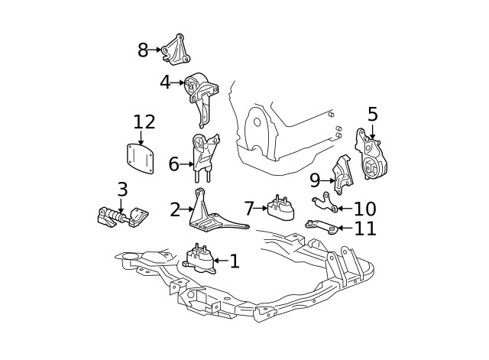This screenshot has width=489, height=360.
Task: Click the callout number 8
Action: pos(143,50)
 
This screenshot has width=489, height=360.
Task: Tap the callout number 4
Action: pos(165,82)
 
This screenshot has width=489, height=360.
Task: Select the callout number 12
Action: pos(144,122)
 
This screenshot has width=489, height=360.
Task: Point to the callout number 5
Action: pos(372,115)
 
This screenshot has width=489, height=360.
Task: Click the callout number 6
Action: pos(173,164)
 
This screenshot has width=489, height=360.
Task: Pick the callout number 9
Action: pos(314,180)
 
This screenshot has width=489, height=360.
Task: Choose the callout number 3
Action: pos(122,189)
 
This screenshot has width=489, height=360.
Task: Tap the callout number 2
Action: pos(175,209)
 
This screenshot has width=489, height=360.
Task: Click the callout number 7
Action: pos(249,208)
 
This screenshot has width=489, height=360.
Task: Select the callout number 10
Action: pos(365,209)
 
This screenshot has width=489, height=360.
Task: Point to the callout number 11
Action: pos(365,228)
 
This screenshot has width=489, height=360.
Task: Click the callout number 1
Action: pos(234,261)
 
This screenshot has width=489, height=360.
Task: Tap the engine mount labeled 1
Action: pos(201,258)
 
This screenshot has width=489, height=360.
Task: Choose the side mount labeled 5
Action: pos(371,158)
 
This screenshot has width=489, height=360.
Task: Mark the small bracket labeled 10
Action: pos(325,203)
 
